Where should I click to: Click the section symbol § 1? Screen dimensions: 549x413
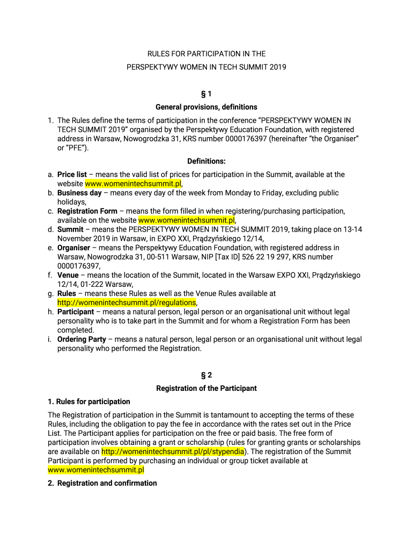tap(206, 94)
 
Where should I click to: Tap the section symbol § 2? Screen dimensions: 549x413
tap(206, 375)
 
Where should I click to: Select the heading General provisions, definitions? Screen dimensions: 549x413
tap(206, 107)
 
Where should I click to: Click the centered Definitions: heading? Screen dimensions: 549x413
tap(206, 161)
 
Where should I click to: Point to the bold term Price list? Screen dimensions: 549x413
tap(72, 175)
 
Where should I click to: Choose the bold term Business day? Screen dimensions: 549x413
tap(79, 193)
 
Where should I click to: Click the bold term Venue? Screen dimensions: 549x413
tap(68, 276)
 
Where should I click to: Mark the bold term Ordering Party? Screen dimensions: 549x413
tap(82, 339)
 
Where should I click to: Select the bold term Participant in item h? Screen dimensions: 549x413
tap(76, 312)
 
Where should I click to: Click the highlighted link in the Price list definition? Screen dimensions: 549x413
tap(133, 184)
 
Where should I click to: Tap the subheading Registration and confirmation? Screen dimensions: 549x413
tap(107, 484)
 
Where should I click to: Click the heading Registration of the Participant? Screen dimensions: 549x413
tap(206, 388)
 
